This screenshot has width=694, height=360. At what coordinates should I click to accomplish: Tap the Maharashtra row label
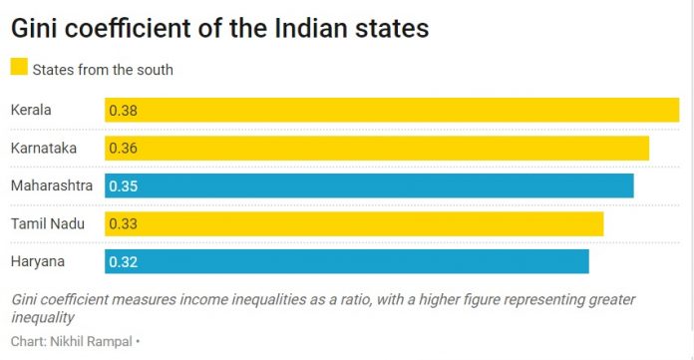click(51, 185)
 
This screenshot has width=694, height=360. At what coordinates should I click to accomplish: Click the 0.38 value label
click(123, 110)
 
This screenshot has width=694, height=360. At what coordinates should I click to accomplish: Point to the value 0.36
click(123, 148)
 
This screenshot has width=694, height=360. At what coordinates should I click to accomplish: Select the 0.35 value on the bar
click(123, 185)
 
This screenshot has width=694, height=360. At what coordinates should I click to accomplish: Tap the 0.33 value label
click(123, 223)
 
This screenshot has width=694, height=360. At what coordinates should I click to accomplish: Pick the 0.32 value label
click(123, 261)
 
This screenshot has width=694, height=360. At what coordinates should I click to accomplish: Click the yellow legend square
click(19, 68)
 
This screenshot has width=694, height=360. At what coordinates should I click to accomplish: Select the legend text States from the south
click(103, 69)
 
